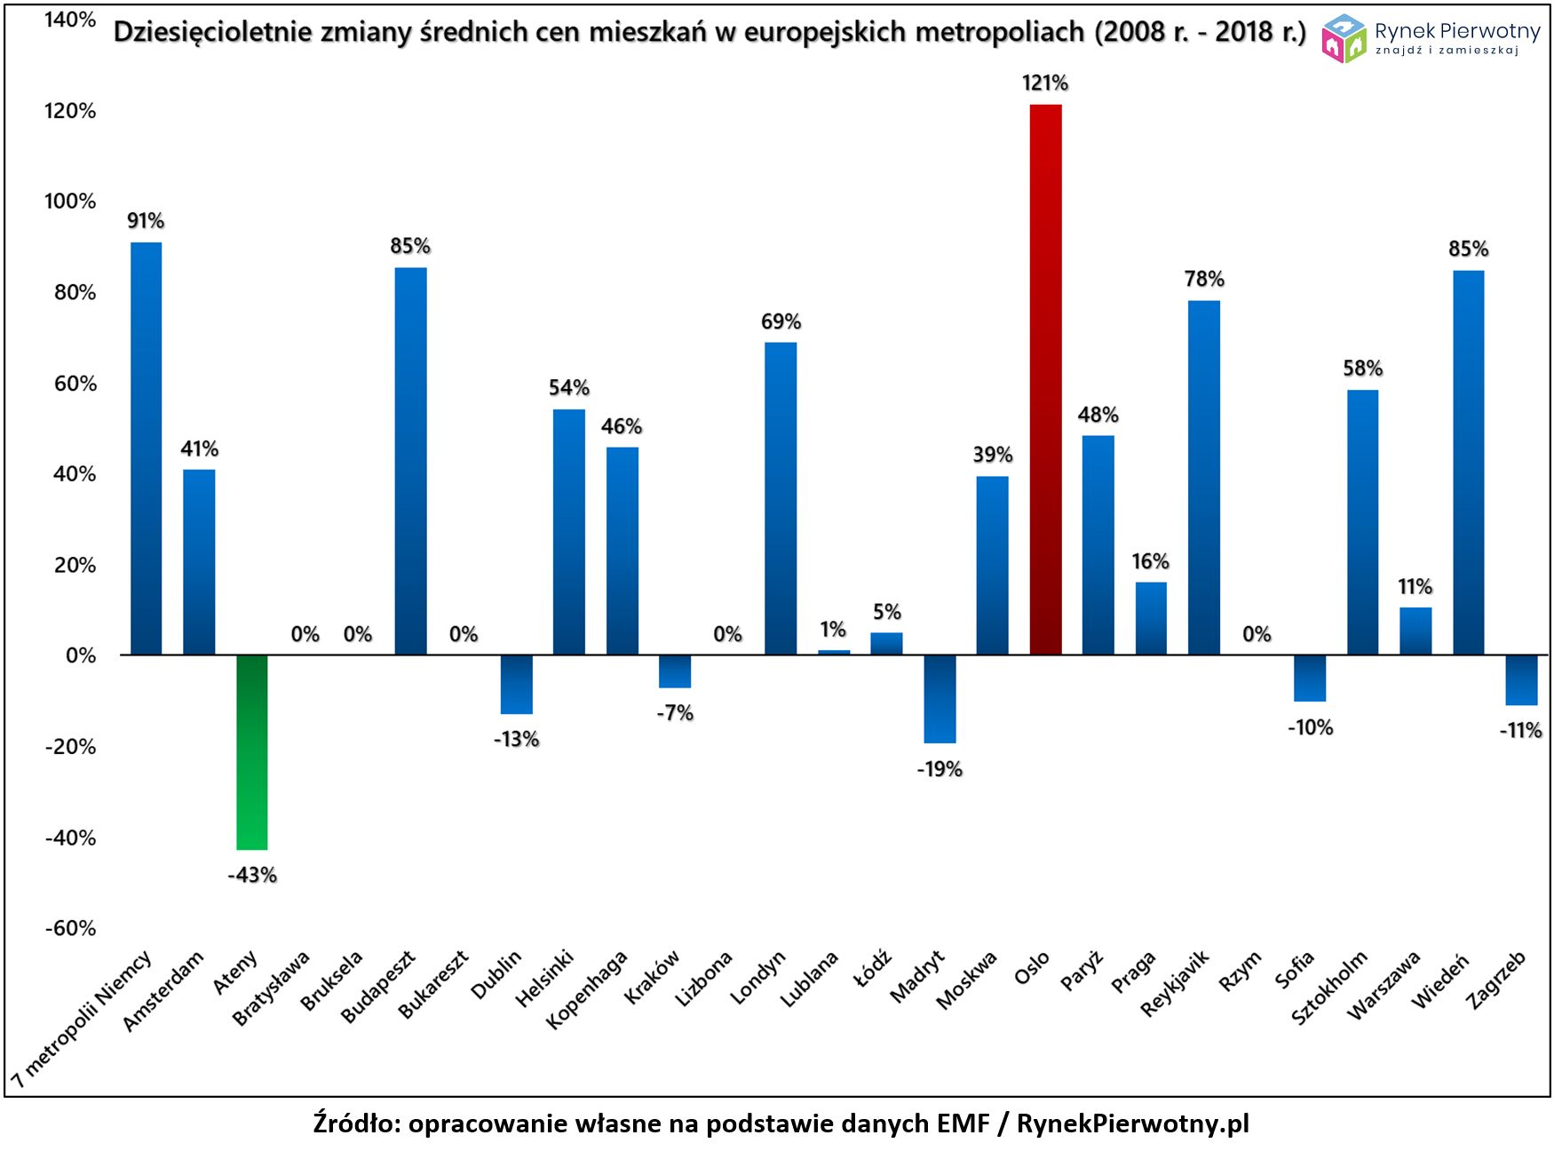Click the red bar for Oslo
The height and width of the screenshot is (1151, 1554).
click(1045, 379)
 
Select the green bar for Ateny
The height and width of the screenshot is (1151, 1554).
click(251, 751)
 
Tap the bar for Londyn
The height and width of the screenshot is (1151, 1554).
click(781, 498)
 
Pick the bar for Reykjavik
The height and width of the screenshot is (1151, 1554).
click(1203, 478)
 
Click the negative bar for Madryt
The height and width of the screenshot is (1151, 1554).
click(940, 698)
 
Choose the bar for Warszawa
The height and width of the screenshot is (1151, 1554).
click(1415, 631)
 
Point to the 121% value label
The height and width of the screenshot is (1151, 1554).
click(1045, 83)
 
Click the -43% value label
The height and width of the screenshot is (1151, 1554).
click(252, 876)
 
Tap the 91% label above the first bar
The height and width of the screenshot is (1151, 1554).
click(146, 221)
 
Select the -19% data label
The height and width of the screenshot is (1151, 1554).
click(940, 769)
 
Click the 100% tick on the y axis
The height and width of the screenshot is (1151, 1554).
click(70, 202)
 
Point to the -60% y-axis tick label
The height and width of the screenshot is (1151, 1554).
click(70, 929)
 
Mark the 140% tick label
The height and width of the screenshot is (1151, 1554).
click(70, 20)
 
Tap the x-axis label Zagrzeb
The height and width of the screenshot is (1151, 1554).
click(1497, 979)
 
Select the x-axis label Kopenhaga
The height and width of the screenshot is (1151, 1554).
click(588, 988)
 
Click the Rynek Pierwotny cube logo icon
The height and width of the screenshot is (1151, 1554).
click(1343, 38)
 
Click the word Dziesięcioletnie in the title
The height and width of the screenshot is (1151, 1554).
click(212, 32)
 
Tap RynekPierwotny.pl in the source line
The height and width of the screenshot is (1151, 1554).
click(1132, 1123)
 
